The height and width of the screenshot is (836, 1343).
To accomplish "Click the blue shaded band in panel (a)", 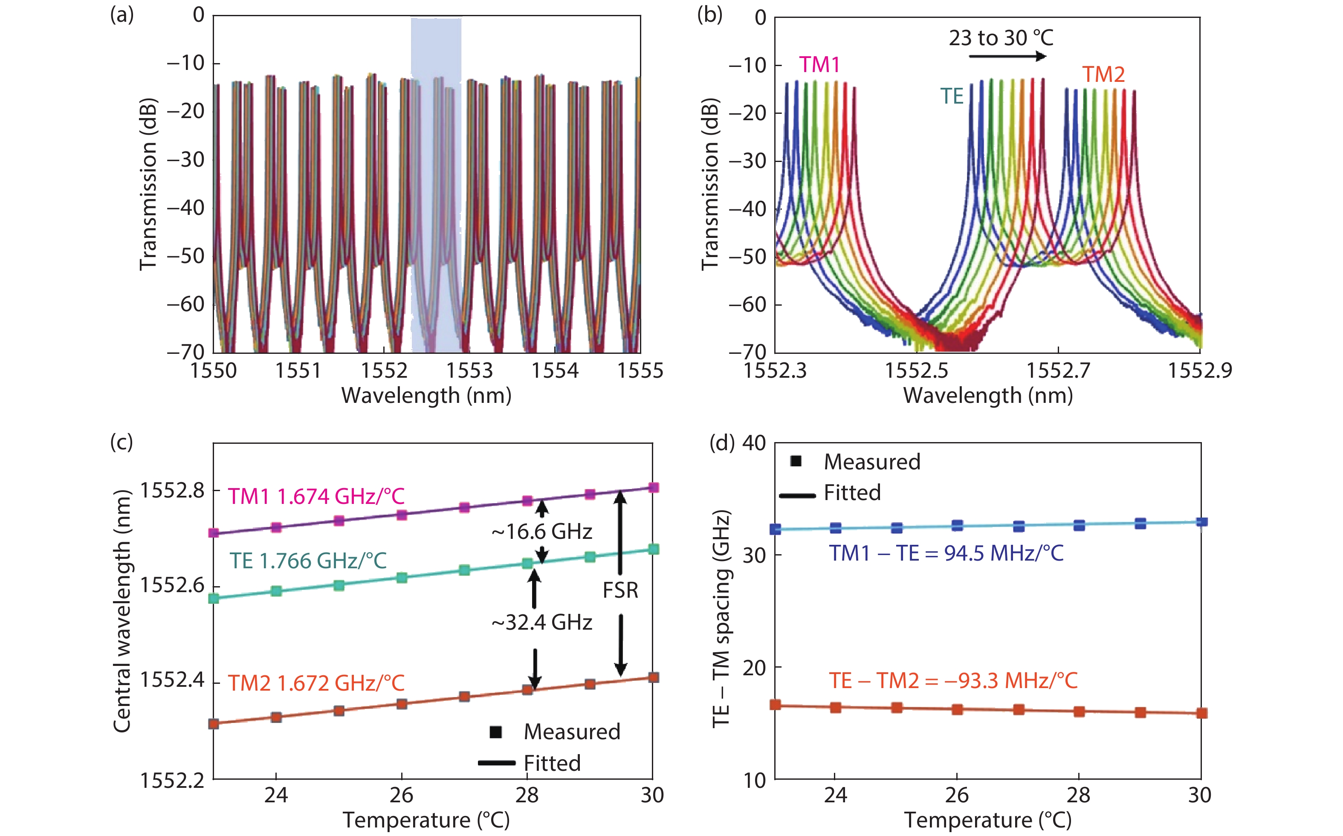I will [436, 182].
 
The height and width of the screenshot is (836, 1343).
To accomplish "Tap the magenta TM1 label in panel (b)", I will [819, 65].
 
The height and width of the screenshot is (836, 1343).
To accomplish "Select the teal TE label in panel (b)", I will [952, 97].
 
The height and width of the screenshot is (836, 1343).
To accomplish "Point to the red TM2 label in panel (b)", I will [1103, 75].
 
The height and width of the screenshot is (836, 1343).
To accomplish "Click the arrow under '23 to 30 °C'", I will [1007, 56].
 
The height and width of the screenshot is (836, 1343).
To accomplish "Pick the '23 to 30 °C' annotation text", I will [1001, 38].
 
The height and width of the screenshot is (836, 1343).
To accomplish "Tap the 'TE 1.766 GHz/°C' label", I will [308, 561].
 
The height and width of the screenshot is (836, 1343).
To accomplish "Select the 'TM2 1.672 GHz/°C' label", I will [316, 683].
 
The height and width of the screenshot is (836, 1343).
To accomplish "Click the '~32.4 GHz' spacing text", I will [541, 622].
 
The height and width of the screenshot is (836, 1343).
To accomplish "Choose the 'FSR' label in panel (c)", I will [620, 590].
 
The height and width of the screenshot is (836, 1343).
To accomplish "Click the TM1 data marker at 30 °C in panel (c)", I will [654, 487].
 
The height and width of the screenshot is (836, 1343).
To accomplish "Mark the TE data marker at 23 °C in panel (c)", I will [214, 598].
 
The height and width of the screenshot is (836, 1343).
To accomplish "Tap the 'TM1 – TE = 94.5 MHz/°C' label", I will [946, 553].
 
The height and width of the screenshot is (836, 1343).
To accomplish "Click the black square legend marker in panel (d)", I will [796, 461].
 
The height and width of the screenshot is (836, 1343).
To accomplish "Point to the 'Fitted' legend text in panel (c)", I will [552, 763].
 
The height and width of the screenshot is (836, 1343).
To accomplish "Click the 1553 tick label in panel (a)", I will [469, 370].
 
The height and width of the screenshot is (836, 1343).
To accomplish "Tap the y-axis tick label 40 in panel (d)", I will [754, 443].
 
